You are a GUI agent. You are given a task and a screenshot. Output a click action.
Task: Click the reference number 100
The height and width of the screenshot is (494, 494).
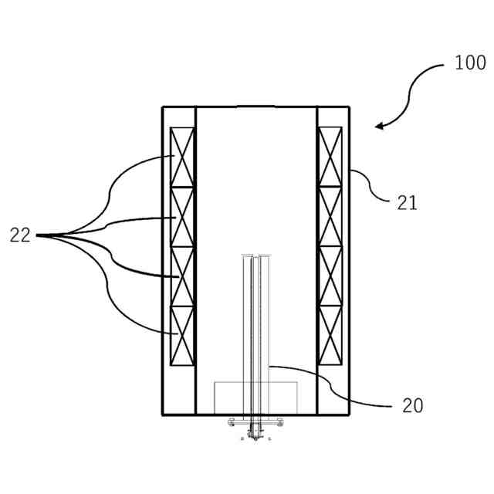pyautogui.click(x=470, y=63)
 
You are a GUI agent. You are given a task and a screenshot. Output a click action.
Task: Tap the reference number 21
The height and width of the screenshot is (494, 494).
pyautogui.click(x=407, y=203)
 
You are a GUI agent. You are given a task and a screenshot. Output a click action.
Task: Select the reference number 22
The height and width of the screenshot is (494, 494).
pyautogui.click(x=21, y=235)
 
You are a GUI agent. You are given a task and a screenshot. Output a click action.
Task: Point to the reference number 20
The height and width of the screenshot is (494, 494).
pyautogui.click(x=413, y=406)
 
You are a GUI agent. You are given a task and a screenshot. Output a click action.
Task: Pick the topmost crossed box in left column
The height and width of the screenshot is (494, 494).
pyautogui.click(x=182, y=157)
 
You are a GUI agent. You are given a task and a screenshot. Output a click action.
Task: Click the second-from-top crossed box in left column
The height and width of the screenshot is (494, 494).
pyautogui.click(x=182, y=217)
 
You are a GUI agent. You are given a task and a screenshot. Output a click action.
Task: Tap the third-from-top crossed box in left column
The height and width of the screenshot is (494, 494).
pyautogui.click(x=182, y=276)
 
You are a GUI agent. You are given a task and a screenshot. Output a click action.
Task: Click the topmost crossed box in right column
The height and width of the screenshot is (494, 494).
pyautogui.click(x=330, y=157)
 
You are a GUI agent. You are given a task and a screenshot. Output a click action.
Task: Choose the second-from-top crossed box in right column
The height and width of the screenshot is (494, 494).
pyautogui.click(x=330, y=217)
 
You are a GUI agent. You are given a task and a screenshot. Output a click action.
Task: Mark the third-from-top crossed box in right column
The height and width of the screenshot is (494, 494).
pyautogui.click(x=330, y=276)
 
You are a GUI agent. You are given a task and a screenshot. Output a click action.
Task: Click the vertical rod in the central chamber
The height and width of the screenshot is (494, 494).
pyautogui.click(x=255, y=324)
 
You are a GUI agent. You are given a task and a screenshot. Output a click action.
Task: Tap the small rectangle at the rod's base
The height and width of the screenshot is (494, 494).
pyautogui.click(x=255, y=398)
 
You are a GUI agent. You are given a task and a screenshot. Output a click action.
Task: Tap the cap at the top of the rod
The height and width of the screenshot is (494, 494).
pyautogui.click(x=255, y=255)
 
